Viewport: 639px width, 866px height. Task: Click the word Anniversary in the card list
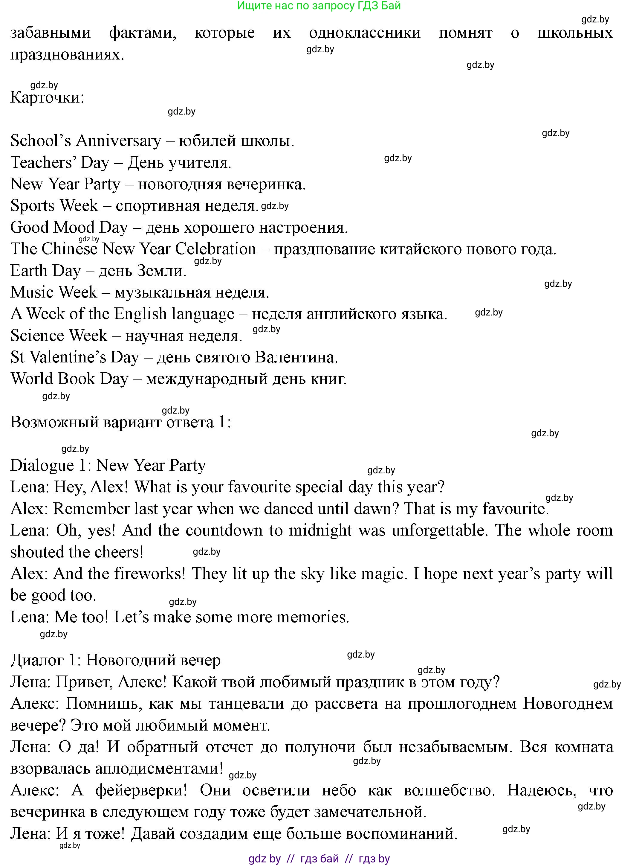pyautogui.click(x=118, y=141)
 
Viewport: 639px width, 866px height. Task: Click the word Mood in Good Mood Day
pyautogui.click(x=74, y=228)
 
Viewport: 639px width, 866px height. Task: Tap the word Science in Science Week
pyautogui.click(x=36, y=336)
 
